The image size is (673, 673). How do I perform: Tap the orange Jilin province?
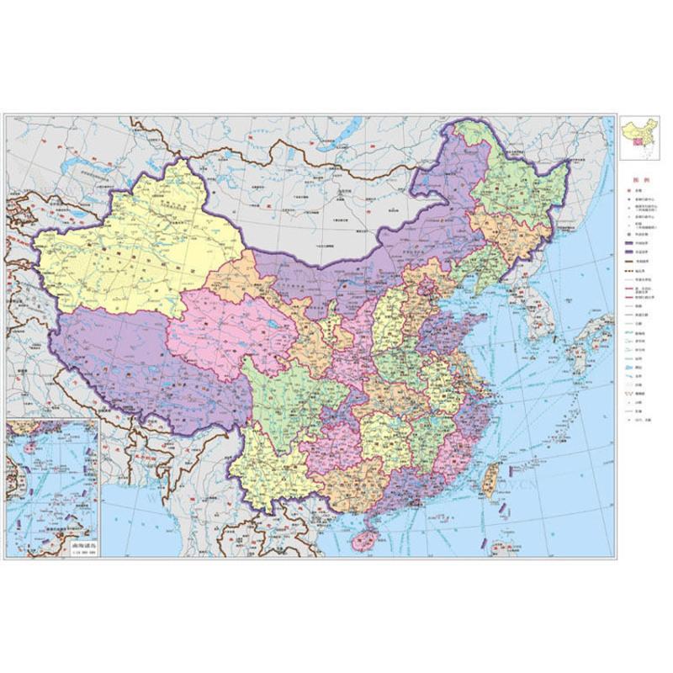505,236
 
